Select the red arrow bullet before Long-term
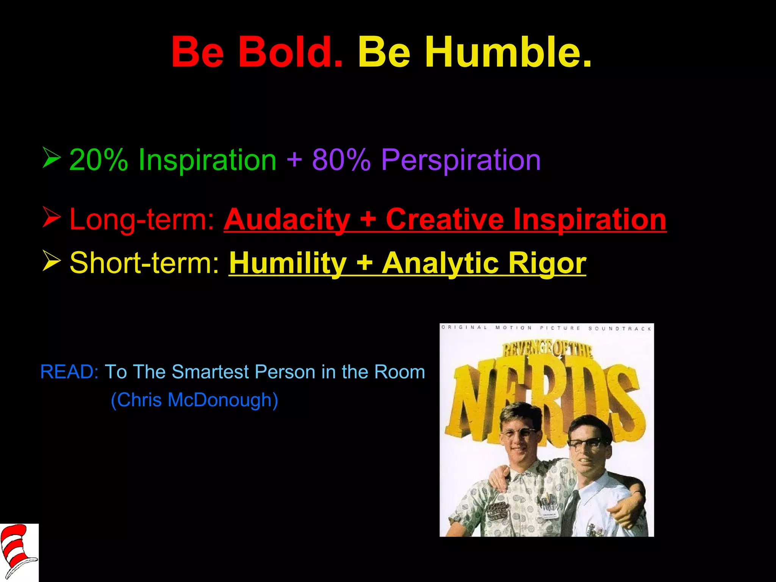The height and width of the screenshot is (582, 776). [x=52, y=217]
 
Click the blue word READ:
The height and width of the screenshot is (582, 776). [x=69, y=372]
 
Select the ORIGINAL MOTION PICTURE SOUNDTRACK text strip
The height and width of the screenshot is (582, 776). [x=546, y=328]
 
